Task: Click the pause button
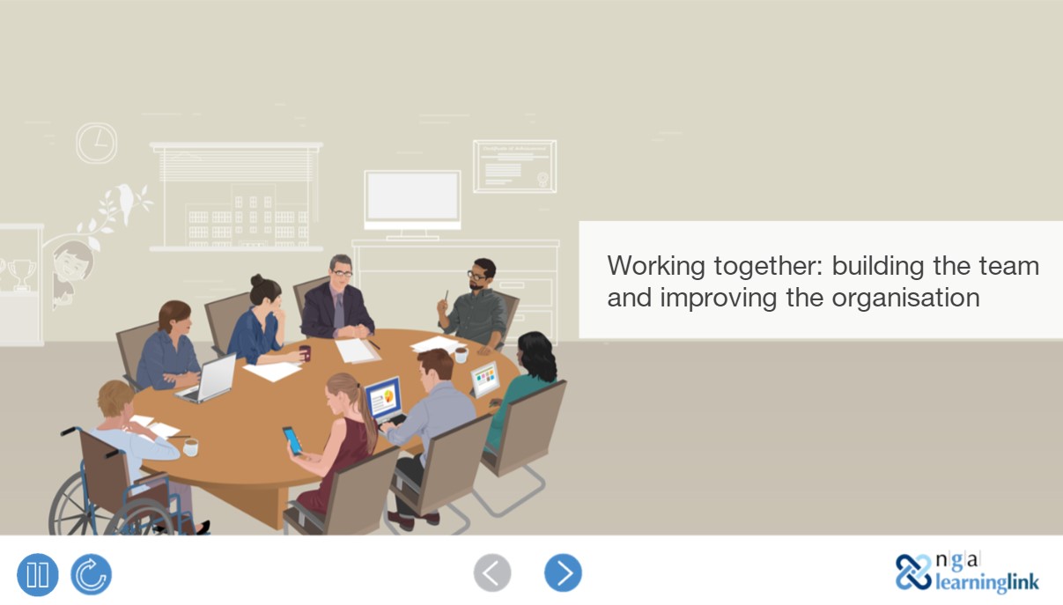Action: [38, 575]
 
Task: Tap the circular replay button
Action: [91, 575]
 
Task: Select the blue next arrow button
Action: [563, 573]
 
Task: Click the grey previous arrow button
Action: [492, 573]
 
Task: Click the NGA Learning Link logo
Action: [967, 572]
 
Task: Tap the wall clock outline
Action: [96, 143]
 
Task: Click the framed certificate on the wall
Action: [514, 166]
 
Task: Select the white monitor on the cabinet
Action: [412, 199]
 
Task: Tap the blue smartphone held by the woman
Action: [292, 439]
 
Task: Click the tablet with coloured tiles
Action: [484, 379]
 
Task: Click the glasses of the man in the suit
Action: [342, 274]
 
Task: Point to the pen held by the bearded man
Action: [446, 298]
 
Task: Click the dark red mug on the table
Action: [305, 353]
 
